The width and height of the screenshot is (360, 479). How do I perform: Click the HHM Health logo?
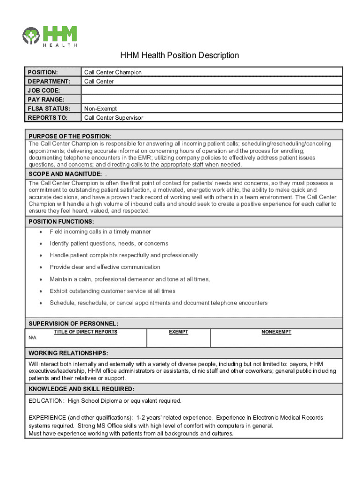click(50, 36)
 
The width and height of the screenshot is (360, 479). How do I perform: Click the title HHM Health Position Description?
click(180, 55)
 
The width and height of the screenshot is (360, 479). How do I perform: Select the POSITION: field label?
click(43, 73)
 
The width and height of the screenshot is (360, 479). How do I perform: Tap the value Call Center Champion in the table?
click(113, 73)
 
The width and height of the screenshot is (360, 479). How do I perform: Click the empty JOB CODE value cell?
click(212, 90)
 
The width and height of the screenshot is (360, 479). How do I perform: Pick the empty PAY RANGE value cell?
click(212, 99)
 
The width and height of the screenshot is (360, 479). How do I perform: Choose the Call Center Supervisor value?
click(114, 118)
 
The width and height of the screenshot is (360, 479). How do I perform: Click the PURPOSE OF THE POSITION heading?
click(70, 136)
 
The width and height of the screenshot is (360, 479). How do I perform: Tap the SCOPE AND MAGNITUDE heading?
click(65, 174)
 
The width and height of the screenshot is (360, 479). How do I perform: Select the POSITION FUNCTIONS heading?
click(61, 221)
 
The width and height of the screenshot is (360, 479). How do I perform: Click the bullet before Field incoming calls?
click(41, 232)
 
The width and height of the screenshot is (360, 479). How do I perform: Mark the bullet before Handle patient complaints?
click(41, 255)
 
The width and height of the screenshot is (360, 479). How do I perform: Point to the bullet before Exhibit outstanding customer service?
click(41, 291)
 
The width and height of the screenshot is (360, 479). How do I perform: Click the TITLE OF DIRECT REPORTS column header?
click(86, 332)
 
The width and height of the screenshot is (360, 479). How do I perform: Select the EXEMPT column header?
click(178, 332)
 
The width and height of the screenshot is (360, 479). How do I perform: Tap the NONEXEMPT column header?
click(276, 332)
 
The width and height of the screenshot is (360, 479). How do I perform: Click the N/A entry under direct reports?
click(33, 337)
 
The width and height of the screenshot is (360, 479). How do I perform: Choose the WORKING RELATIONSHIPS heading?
click(68, 353)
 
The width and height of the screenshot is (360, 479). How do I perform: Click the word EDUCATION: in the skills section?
click(46, 401)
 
